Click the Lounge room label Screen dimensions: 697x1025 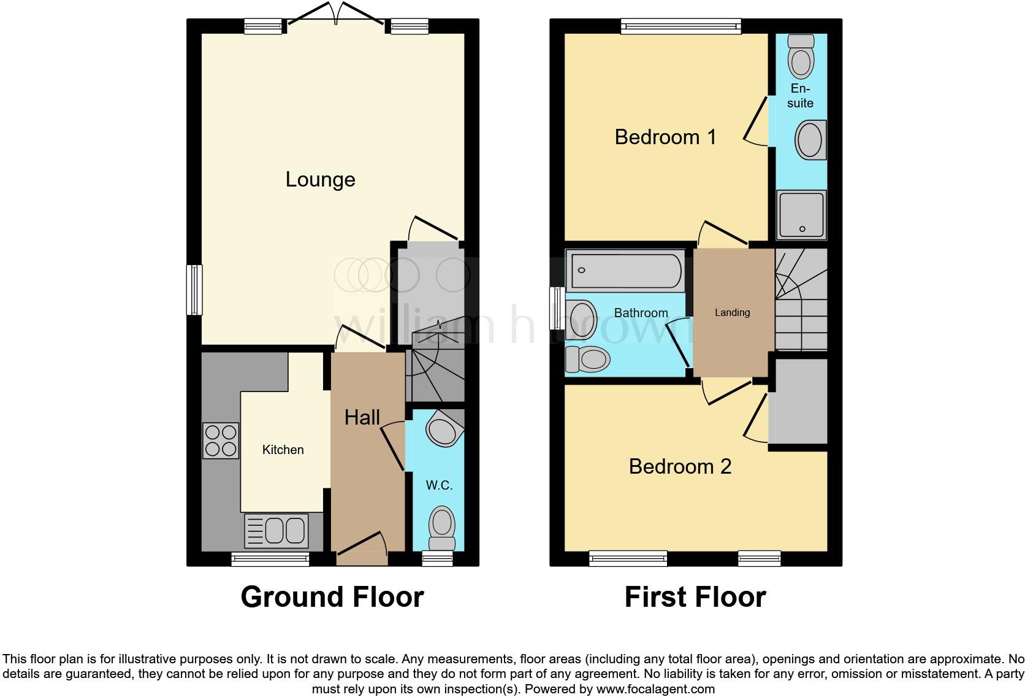point(320,180)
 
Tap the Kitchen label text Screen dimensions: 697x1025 point(283,450)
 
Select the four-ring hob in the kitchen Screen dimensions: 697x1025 point(221,441)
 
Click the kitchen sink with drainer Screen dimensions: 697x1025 point(276,530)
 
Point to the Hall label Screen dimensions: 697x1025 point(362,418)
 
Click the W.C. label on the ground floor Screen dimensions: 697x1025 point(439,485)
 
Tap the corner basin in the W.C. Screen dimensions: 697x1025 point(443,429)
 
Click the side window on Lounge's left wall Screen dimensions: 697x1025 point(194,290)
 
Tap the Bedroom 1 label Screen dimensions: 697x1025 point(665,137)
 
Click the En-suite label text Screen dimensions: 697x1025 point(800,96)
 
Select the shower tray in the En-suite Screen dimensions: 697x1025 point(801,215)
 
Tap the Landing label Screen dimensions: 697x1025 point(732,313)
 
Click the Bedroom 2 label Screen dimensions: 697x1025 point(680,467)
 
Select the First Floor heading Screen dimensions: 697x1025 point(695,597)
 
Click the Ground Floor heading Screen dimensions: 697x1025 point(332,597)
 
